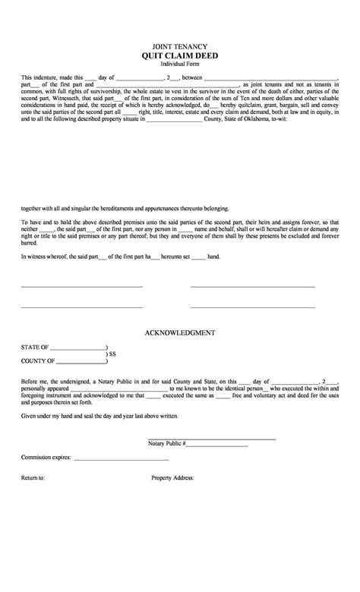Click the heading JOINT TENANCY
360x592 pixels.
[x=179, y=46]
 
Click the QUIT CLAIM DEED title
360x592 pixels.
[x=179, y=56]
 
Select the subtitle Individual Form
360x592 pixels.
[x=179, y=65]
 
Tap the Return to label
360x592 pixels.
[x=33, y=478]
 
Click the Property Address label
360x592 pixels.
[x=173, y=478]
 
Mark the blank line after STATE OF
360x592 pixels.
[x=77, y=348]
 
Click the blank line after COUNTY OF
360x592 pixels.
[x=81, y=362]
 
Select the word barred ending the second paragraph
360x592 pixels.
[x=28, y=244]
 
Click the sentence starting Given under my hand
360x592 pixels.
[x=99, y=415]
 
